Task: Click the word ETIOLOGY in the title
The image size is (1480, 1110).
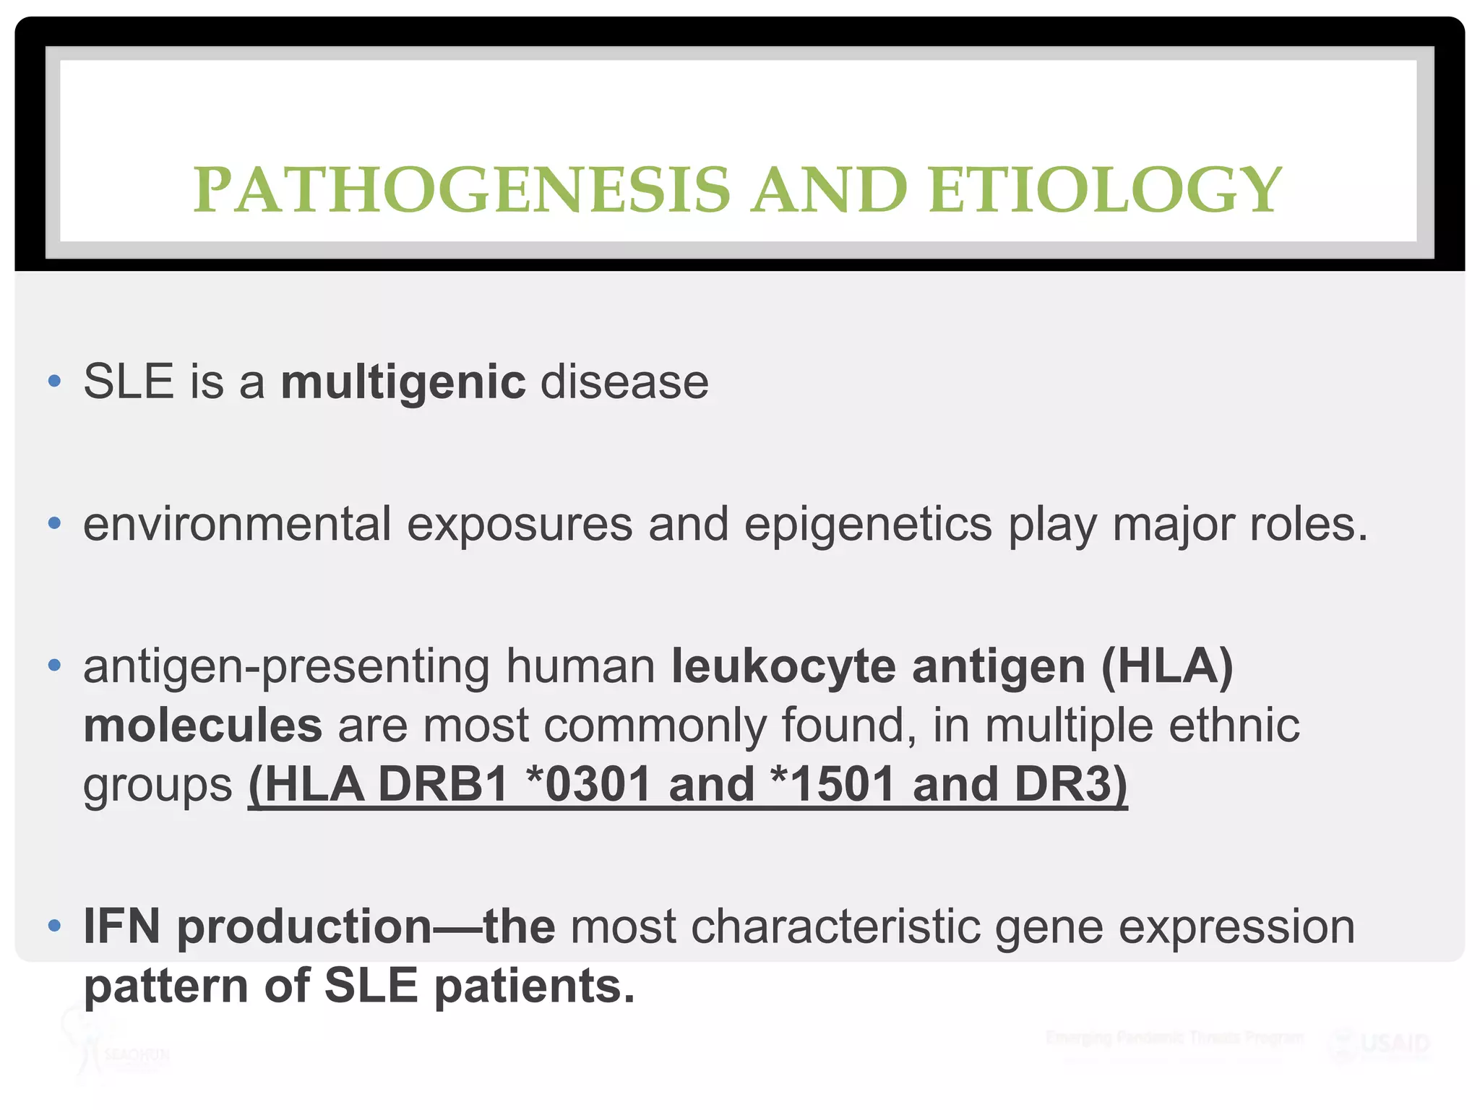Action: (x=1105, y=190)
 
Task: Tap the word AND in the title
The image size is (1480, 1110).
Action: (x=829, y=190)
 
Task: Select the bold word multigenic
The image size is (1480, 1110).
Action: (x=403, y=382)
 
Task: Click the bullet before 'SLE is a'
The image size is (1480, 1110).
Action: (x=54, y=381)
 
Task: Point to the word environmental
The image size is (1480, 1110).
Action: (x=237, y=524)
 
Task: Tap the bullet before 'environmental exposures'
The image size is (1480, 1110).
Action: (x=54, y=522)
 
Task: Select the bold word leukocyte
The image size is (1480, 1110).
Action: (x=783, y=666)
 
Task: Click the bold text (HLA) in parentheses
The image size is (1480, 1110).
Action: (x=1166, y=666)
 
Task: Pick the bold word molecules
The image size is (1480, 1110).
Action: (x=202, y=726)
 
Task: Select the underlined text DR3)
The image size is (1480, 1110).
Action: (x=1070, y=785)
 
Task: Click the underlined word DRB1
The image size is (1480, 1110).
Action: (x=443, y=785)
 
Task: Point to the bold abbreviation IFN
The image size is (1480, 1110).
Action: (x=121, y=926)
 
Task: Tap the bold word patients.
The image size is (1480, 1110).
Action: (x=534, y=986)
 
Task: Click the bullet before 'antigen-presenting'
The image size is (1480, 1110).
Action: (x=54, y=665)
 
